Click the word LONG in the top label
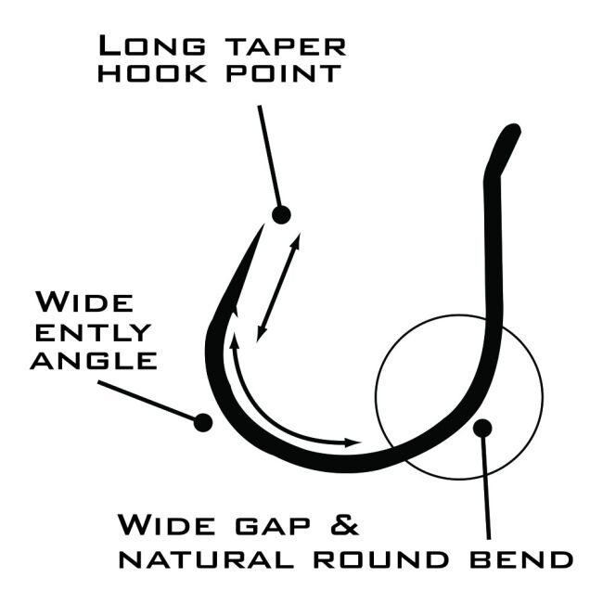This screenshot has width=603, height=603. click(152, 45)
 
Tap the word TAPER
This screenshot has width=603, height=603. click(285, 47)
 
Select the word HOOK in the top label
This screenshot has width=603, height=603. click(152, 73)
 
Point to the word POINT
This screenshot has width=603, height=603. click(284, 73)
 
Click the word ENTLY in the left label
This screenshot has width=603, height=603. click(93, 332)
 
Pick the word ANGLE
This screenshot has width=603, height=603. click(94, 361)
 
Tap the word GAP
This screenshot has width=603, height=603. click(273, 525)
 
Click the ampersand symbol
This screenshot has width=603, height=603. click(344, 524)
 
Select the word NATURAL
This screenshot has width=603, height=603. click(206, 559)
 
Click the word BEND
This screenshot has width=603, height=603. click(521, 559)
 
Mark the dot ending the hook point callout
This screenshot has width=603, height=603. click(281, 215)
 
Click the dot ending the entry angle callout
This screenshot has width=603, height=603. click(203, 423)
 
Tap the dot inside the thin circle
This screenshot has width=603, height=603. click(482, 428)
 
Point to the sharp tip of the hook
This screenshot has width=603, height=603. click(263, 225)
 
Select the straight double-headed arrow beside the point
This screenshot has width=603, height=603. click(278, 288)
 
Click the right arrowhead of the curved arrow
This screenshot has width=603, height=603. click(353, 443)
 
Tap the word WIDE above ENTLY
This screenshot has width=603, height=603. click(84, 302)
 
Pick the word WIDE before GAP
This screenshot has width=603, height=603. click(166, 524)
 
